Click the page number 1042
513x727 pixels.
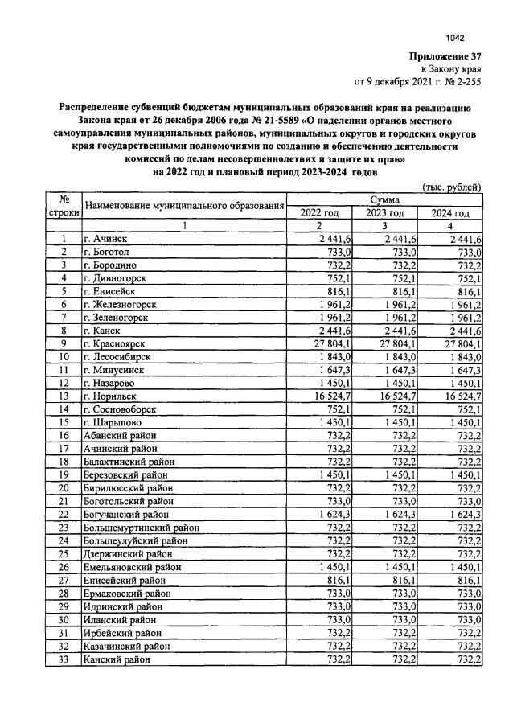455,37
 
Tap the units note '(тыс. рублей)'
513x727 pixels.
452,187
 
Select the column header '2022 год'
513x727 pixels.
319,212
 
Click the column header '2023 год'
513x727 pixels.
385,212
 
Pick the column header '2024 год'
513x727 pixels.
450,212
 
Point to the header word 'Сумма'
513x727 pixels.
385,199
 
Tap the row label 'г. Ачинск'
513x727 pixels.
105,239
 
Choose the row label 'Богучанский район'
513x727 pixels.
126,513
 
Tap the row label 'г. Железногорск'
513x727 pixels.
120,304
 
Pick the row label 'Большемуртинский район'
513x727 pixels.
137,527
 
